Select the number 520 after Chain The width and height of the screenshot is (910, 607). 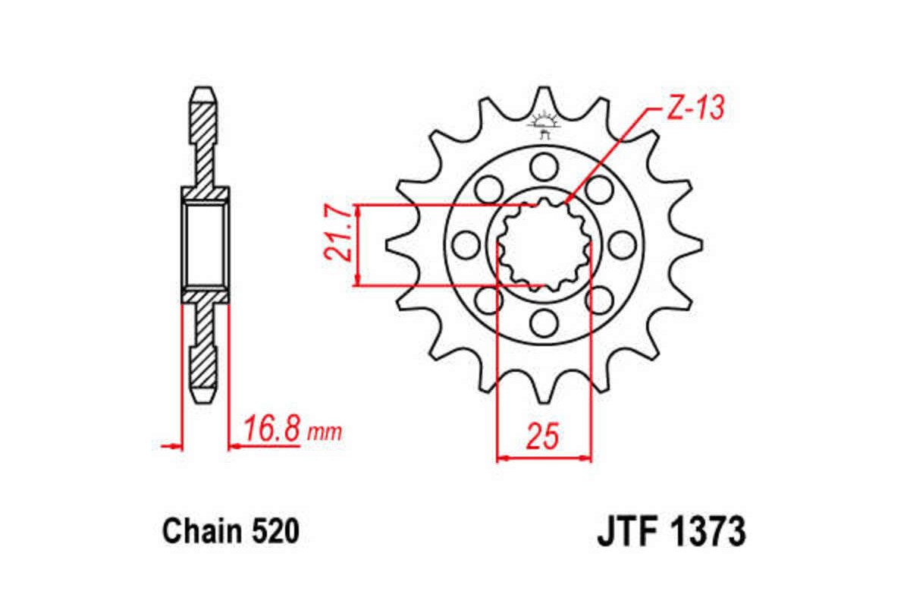click(x=271, y=532)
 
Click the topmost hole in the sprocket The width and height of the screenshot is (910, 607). click(x=543, y=164)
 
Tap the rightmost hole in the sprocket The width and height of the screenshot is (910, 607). click(x=622, y=244)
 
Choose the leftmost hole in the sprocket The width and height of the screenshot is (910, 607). click(x=464, y=244)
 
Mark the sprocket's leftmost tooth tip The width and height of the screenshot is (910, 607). click(x=388, y=244)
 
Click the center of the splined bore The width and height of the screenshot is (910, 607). click(x=543, y=244)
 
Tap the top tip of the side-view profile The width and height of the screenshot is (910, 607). click(x=205, y=90)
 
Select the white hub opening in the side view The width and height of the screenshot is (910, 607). click(x=205, y=244)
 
